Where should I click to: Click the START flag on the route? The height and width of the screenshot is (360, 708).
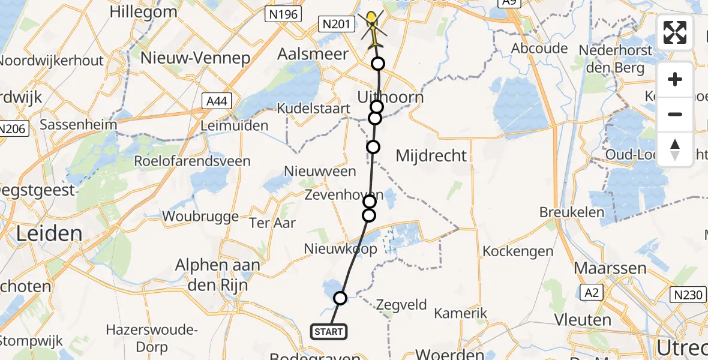328,331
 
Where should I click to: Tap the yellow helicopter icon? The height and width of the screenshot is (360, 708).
373,30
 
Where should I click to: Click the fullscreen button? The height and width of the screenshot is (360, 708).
675,32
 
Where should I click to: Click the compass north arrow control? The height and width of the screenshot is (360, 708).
675,149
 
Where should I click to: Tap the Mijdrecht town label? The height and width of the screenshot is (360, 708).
431,156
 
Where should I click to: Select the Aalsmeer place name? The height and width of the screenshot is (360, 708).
313,55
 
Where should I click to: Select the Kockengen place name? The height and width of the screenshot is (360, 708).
518,251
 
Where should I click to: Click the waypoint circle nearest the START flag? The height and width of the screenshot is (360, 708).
340,298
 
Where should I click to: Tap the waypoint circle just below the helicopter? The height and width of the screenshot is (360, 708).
378,64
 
